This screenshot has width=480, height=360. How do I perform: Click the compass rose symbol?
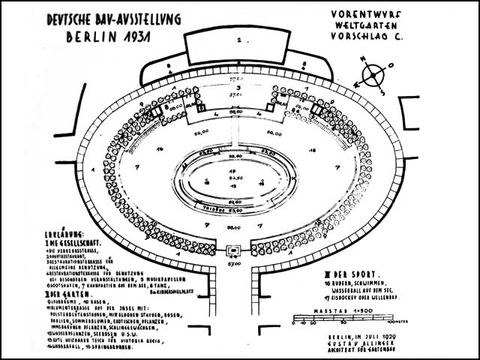click(376, 73)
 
